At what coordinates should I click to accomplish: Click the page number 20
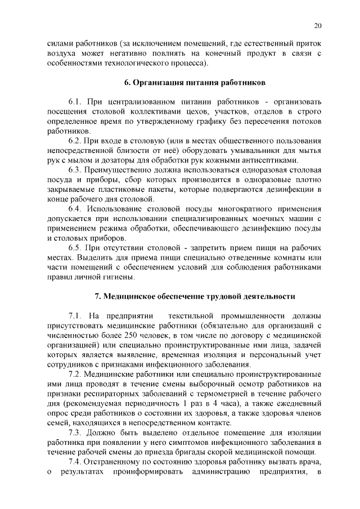317,26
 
